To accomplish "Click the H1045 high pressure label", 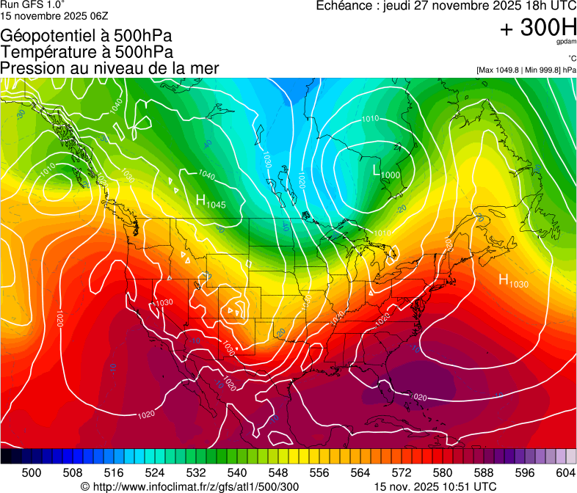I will coord(211,200).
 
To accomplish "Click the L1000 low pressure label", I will coord(386,172).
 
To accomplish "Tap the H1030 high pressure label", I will coord(513,280).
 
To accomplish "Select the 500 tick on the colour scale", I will coord(32,472).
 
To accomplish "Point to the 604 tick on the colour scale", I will coord(565,472).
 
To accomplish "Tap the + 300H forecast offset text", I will coord(537,28).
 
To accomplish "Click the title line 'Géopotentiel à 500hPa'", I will coord(87,36).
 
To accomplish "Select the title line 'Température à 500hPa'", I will coord(87,52).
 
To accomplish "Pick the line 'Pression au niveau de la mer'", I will coord(109,68).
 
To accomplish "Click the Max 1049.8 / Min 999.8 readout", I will coord(526,70).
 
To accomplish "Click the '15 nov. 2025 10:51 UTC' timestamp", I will coord(435,486).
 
